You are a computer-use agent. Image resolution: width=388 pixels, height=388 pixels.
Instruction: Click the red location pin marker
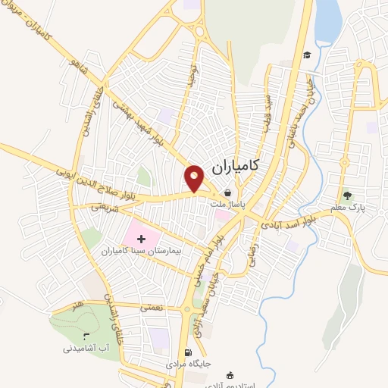(195, 177)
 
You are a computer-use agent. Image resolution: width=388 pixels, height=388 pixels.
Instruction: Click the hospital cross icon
(142, 239)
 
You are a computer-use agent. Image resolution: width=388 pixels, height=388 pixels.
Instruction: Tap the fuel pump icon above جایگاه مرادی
(188, 352)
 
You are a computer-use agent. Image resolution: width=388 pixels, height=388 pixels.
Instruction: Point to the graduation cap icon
(307, 55)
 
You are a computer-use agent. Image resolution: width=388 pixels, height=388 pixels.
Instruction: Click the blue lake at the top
(328, 20)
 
